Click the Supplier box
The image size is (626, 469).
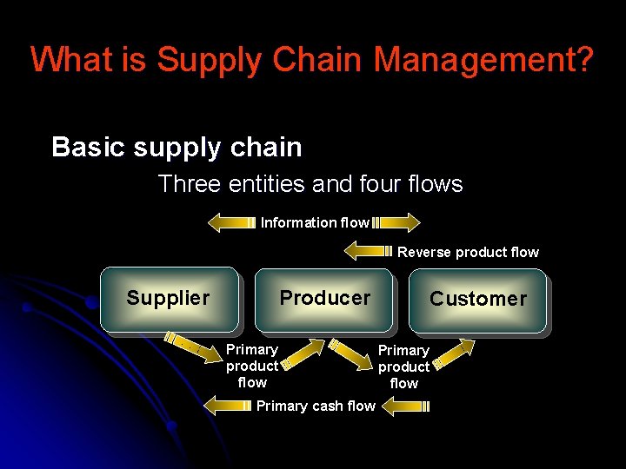click(169, 300)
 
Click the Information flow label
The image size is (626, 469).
click(315, 223)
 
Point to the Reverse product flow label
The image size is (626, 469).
click(468, 253)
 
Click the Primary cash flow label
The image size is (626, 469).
click(316, 406)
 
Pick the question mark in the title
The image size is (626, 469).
click(584, 60)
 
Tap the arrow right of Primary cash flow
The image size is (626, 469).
click(405, 405)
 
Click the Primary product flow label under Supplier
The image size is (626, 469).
click(252, 366)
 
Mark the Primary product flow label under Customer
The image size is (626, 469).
click(403, 367)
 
